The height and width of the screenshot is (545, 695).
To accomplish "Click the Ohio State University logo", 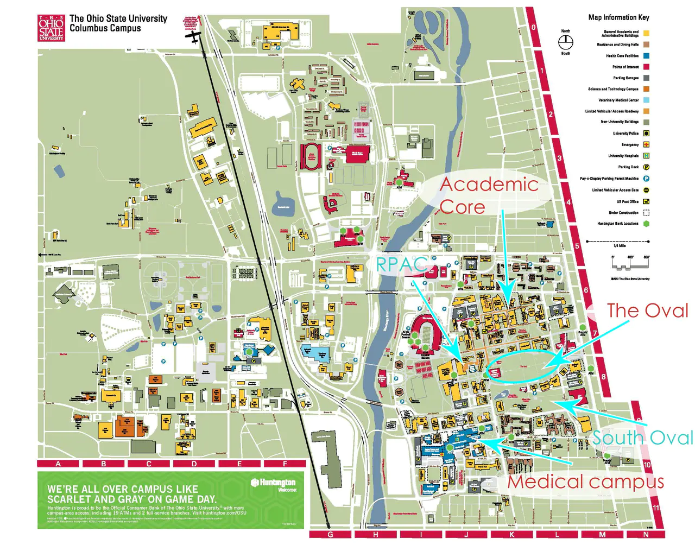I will (x=51, y=28).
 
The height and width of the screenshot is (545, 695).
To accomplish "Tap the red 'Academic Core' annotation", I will (x=488, y=195).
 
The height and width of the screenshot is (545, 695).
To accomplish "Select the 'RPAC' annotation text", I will (x=401, y=264).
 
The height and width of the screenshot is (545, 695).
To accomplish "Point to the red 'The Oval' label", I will (x=647, y=310).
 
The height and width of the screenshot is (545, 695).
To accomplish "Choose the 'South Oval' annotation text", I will (x=643, y=438).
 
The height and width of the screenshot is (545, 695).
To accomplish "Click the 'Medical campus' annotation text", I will (x=585, y=481).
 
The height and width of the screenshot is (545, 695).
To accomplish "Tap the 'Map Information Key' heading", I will (x=618, y=17).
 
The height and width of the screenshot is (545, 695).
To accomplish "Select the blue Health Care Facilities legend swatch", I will (x=646, y=56).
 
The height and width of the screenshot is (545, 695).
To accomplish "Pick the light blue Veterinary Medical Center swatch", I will (x=646, y=100).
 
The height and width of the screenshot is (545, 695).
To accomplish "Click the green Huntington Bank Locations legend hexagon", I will (x=646, y=224).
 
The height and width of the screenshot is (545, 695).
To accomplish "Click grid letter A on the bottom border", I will (x=58, y=464).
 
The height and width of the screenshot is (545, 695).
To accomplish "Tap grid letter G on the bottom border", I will (x=330, y=535).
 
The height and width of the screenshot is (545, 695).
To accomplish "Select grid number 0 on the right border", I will (x=533, y=28).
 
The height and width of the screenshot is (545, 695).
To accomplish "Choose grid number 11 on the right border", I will (x=656, y=508).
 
